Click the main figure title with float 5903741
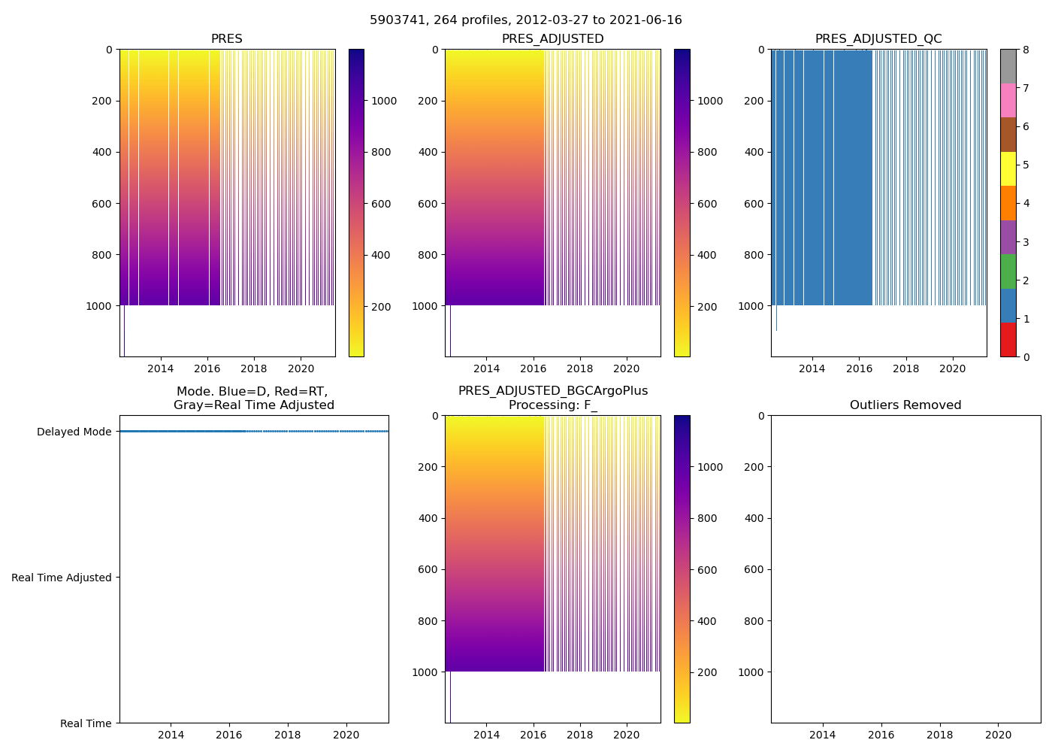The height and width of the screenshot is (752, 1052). click(526, 20)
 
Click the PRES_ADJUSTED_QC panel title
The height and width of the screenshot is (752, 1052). click(878, 39)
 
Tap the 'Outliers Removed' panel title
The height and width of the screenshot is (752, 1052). click(905, 405)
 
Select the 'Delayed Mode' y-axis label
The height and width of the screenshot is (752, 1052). click(74, 432)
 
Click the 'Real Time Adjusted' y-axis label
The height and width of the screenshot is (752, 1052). click(62, 578)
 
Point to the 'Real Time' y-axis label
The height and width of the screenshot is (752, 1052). click(86, 723)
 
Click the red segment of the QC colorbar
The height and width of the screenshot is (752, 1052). click(1008, 340)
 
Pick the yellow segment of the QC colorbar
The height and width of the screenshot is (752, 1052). click(1008, 168)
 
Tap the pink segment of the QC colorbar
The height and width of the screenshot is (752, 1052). click(1008, 100)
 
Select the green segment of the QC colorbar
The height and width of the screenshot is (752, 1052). click(1008, 271)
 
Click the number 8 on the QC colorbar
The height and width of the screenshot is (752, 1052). click(1026, 50)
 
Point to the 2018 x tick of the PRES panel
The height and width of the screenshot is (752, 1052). click(254, 368)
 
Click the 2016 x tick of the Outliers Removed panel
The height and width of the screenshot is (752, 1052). click(881, 735)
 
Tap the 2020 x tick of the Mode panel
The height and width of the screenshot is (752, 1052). click(346, 735)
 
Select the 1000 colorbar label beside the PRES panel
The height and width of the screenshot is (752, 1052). click(384, 101)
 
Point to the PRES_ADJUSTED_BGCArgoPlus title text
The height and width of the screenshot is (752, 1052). click(553, 391)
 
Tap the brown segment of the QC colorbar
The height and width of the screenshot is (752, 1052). click(1008, 135)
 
